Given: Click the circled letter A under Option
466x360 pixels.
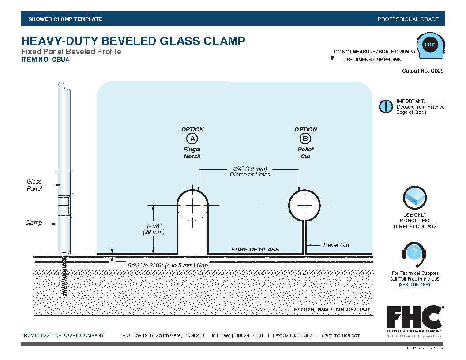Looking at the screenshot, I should [x=192, y=139].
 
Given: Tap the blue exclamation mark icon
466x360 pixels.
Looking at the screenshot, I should [x=386, y=107].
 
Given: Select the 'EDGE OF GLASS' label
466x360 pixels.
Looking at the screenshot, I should [x=255, y=249].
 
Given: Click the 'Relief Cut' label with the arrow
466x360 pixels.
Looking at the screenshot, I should [x=336, y=245].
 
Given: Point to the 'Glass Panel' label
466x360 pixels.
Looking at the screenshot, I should [x=34, y=185].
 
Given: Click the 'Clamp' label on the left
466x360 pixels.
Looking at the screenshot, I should [x=34, y=222].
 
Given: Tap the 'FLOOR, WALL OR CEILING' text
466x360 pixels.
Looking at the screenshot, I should [x=331, y=309].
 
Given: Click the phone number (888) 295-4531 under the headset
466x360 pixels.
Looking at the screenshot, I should [x=414, y=285].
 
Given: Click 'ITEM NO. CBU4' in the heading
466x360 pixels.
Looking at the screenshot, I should [x=45, y=60].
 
